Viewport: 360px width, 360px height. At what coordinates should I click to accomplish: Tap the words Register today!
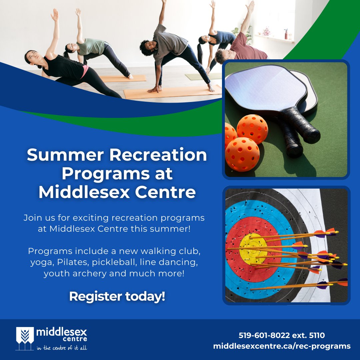(x=117, y=296)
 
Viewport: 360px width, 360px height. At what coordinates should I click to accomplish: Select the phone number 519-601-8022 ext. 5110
(x=281, y=335)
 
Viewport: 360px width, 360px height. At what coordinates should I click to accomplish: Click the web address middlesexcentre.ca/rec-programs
(x=282, y=346)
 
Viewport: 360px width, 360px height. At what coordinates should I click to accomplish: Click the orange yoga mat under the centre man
(x=173, y=92)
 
